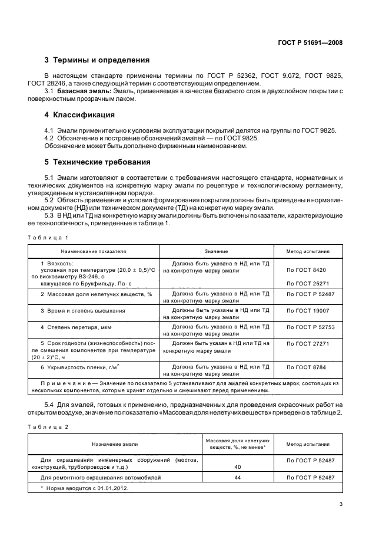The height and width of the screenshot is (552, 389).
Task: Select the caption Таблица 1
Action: pos(48,237)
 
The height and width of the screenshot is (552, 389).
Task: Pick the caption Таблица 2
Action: pos(48,426)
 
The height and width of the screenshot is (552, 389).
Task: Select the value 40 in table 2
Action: pos(238,466)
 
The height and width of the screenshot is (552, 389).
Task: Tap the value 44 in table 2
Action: pos(238,478)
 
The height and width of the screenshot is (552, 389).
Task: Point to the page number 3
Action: pos(341,504)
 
